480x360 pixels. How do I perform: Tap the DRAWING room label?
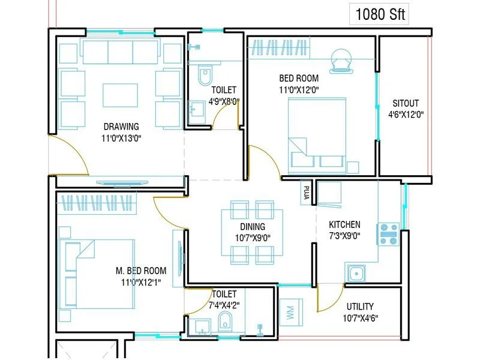pyautogui.click(x=121, y=127)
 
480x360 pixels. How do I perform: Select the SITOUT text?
pyautogui.click(x=406, y=103)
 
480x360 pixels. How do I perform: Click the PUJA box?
pyautogui.click(x=306, y=192)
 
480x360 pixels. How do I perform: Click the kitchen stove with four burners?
pyautogui.click(x=388, y=234)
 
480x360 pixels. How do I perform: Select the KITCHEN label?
pyautogui.click(x=344, y=224)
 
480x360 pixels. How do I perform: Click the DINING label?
pyautogui.click(x=253, y=227)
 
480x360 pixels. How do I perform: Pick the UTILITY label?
pyautogui.click(x=360, y=306)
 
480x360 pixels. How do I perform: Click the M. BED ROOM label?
pyautogui.click(x=142, y=271)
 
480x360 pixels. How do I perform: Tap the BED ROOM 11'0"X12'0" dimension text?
pyautogui.click(x=299, y=90)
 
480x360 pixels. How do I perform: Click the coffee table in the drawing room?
pyautogui.click(x=121, y=97)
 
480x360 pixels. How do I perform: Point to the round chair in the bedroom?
pyautogui.click(x=341, y=61)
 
